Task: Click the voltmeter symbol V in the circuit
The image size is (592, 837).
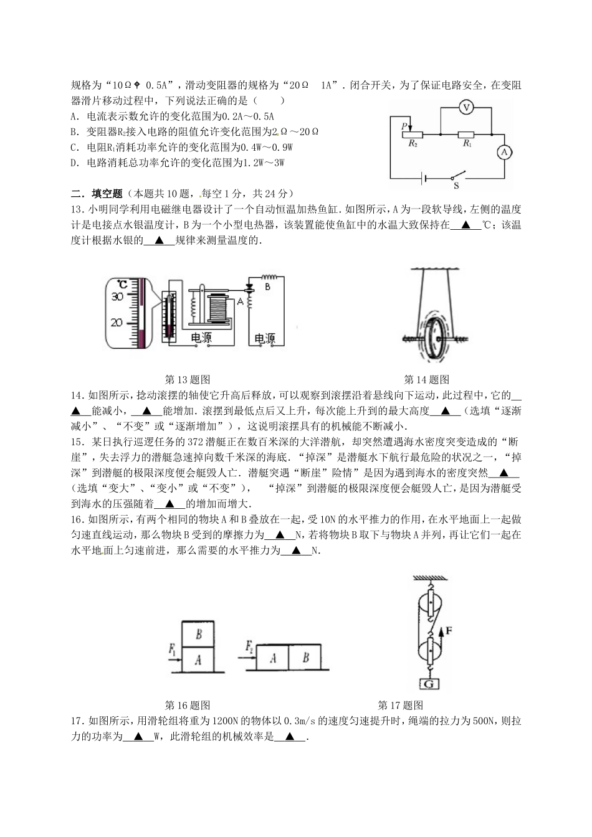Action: pyautogui.click(x=465, y=108)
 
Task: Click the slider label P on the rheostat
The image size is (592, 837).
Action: pyautogui.click(x=404, y=125)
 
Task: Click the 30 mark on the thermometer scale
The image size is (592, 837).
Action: pyautogui.click(x=117, y=297)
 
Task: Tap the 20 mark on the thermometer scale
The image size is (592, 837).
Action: pyautogui.click(x=117, y=323)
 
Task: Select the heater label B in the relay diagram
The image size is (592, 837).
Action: pyautogui.click(x=267, y=287)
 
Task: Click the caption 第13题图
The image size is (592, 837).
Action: pyautogui.click(x=187, y=379)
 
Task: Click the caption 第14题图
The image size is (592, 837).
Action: pyautogui.click(x=427, y=379)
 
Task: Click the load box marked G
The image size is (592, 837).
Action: pyautogui.click(x=428, y=684)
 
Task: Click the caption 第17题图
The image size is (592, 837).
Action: pyautogui.click(x=401, y=706)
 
